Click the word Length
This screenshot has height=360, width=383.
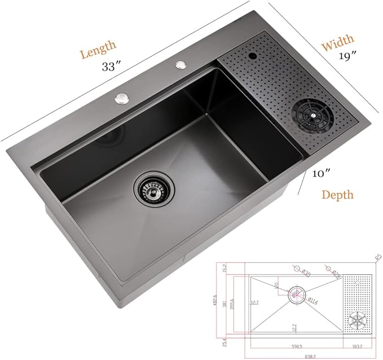click(x=98, y=49)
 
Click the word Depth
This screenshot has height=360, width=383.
click(x=338, y=195)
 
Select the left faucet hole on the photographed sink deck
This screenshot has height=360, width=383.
click(x=121, y=99)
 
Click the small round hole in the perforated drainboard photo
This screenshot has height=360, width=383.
click(x=250, y=56)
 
